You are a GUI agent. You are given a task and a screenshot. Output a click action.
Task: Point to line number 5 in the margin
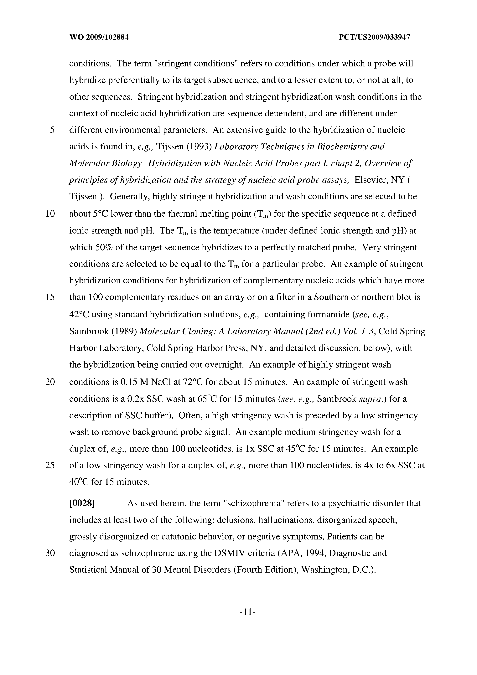[52, 130]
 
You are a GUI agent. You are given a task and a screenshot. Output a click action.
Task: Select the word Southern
[331, 297]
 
